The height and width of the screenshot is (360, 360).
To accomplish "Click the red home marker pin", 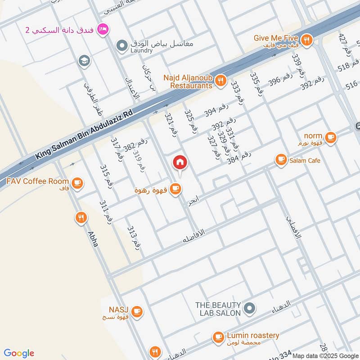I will coord(180,162).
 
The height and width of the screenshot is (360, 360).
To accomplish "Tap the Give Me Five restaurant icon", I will coord(307,40).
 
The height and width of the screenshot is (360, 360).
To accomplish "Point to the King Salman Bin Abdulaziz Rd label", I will coord(85,135).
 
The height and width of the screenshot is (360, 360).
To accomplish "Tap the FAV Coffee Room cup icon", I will coord(77,182).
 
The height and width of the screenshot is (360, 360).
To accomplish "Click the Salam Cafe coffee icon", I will coord(281,160).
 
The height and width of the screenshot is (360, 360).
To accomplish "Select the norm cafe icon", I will coord(331,137).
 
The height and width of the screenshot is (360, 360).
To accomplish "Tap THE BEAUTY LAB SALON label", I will coord(218,309).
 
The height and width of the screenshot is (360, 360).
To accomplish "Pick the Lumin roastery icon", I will coord(218,337).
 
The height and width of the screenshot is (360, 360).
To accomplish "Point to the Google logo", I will coord(19,353).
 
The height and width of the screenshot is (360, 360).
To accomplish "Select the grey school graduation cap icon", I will coord(84,60).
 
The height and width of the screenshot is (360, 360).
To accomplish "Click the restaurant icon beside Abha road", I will coord(81,218).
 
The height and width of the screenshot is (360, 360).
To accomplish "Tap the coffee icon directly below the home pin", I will coord(176,190).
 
